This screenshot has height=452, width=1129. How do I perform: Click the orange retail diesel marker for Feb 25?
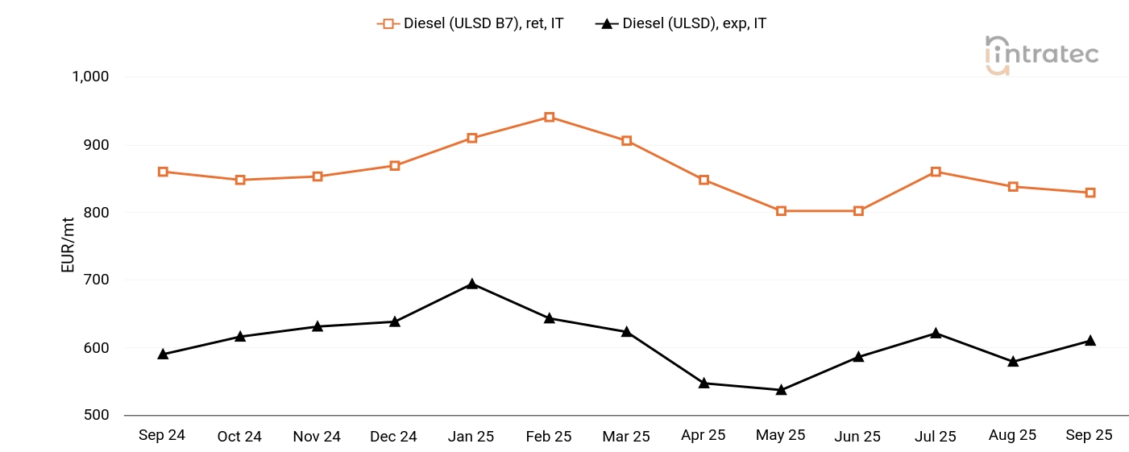coord(549,117)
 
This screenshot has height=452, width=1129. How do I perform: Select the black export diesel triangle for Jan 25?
coord(471,284)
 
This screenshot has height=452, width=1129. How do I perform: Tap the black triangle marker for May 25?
coord(781,390)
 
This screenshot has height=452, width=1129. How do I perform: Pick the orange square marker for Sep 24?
coord(163,172)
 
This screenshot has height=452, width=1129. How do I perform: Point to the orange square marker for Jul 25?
coord(936,172)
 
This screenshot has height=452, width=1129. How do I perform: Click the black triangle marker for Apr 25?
coord(704,383)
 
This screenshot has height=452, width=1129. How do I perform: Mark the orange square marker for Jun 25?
coord(858,211)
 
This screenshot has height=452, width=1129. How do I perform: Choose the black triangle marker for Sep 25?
coord(1090,340)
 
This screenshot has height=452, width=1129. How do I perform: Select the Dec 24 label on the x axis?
coord(394,437)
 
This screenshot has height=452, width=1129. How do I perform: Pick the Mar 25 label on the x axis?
coord(626,437)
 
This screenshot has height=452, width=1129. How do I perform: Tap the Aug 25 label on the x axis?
coord(1013,435)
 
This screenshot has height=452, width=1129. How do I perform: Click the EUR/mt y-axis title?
coord(68,246)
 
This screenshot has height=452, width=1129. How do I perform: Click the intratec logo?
coord(1042,55)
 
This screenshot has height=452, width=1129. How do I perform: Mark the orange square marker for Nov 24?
coord(318,176)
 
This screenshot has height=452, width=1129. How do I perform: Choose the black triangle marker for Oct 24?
coord(240,336)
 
